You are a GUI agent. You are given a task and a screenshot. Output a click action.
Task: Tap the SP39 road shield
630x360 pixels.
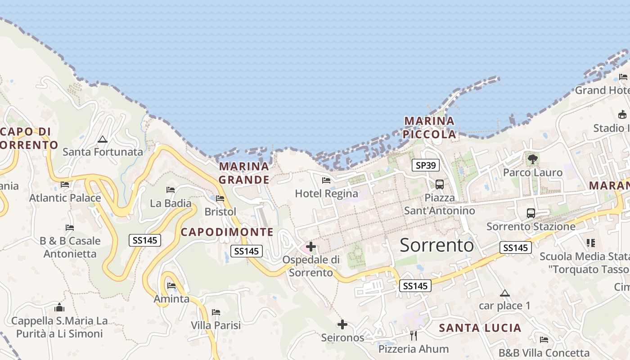point(426,165)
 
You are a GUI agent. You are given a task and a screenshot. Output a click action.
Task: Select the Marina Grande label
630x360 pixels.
point(244,173)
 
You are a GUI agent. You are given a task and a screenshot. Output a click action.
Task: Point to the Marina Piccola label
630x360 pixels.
point(429,128)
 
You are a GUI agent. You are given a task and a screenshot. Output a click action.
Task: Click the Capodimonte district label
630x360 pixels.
point(227,232)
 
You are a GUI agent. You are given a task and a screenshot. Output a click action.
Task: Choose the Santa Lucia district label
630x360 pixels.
point(480,328)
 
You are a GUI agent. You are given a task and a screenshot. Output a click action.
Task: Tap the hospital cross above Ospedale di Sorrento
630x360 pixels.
point(310,247)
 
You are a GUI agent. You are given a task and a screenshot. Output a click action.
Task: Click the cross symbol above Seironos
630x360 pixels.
point(342,324)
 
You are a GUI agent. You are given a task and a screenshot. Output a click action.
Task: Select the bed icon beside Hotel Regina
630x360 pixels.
point(326,180)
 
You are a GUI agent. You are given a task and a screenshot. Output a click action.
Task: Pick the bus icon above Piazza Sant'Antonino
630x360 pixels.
point(440,184)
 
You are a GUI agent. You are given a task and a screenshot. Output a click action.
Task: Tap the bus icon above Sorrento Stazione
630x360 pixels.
point(531,213)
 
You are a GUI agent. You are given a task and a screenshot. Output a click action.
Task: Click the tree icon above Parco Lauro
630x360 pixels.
point(533,159)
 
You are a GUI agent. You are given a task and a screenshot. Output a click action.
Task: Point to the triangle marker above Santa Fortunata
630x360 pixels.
point(103,139)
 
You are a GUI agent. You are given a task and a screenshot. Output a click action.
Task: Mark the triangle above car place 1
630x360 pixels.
point(505,293)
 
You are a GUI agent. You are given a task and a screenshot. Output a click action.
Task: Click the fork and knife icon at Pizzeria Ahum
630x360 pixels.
point(414,336)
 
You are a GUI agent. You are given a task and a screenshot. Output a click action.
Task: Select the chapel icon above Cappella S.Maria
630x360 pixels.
point(59,308)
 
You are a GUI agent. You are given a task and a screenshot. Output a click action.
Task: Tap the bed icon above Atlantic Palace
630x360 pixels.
point(65,184)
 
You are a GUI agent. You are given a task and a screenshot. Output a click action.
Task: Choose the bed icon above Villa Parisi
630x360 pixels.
point(216,312)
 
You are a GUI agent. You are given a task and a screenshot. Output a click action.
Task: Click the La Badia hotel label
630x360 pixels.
point(171,203)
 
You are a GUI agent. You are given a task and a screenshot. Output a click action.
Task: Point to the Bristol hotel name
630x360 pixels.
point(220,211)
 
